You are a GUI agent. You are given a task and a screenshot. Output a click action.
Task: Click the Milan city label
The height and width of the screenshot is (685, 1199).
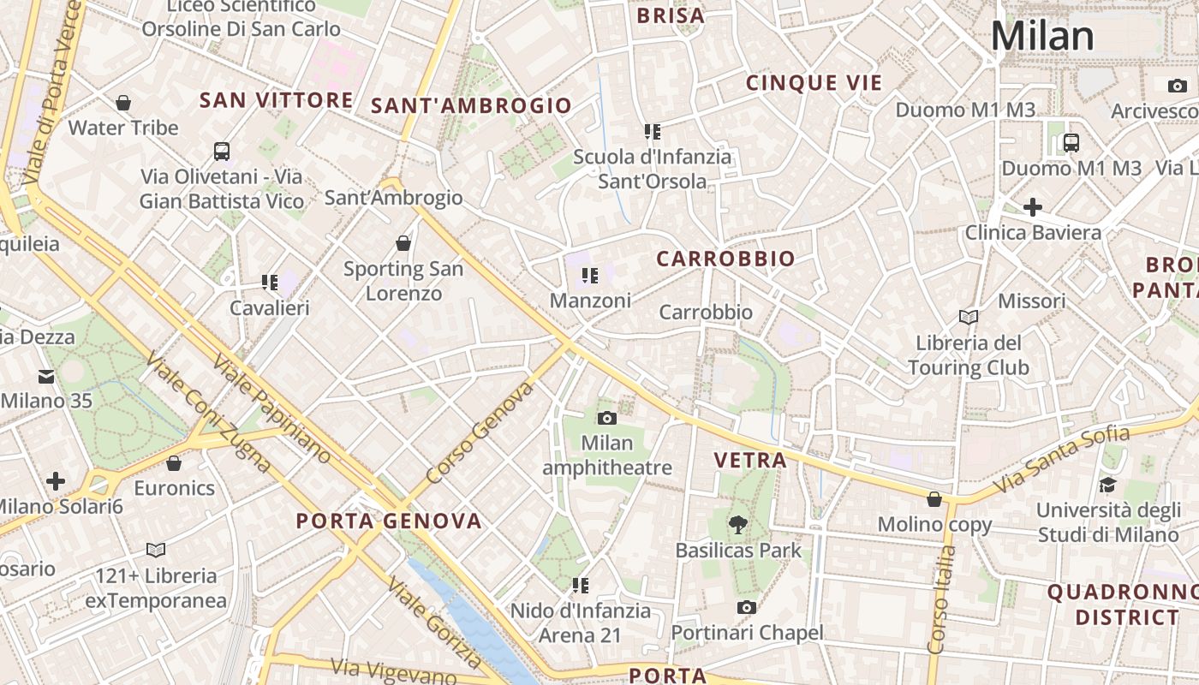[x=1042, y=36]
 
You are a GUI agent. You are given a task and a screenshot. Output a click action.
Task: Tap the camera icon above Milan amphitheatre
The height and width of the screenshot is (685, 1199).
[x=607, y=418]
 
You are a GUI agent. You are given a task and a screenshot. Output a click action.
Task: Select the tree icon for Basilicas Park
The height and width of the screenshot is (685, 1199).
[x=737, y=524]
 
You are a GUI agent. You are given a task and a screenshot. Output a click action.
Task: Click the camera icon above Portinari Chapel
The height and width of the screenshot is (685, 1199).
[x=747, y=607]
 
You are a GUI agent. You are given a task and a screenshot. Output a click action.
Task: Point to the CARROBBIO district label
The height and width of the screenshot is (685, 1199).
[x=725, y=259]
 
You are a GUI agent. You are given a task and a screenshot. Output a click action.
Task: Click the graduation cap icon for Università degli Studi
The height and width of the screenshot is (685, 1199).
[x=1107, y=485]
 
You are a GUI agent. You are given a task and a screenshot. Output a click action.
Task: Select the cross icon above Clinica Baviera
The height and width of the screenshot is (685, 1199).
[x=1033, y=206]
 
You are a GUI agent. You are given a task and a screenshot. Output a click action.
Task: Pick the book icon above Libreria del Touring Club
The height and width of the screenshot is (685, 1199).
[x=969, y=318]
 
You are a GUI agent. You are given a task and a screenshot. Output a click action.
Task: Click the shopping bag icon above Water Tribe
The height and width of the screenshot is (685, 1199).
[x=123, y=103]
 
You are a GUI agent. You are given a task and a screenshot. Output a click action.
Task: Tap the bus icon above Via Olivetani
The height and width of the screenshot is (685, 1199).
[x=222, y=152]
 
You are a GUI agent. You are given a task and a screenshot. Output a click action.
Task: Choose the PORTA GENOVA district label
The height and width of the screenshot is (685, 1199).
[x=389, y=521]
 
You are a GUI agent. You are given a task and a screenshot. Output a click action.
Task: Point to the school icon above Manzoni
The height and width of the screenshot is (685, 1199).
[x=589, y=276]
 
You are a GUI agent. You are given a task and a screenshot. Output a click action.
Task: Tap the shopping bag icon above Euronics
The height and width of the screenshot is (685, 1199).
[x=174, y=463]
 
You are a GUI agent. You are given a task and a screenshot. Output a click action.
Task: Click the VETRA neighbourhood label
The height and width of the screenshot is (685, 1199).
[x=750, y=460]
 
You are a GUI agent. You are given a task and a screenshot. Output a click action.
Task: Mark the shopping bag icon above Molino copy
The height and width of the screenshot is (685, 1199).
[x=934, y=499]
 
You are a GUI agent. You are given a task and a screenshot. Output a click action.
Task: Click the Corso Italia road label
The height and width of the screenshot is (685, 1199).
[x=942, y=600]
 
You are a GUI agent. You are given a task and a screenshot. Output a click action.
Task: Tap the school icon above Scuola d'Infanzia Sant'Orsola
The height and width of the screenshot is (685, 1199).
[x=653, y=132]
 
